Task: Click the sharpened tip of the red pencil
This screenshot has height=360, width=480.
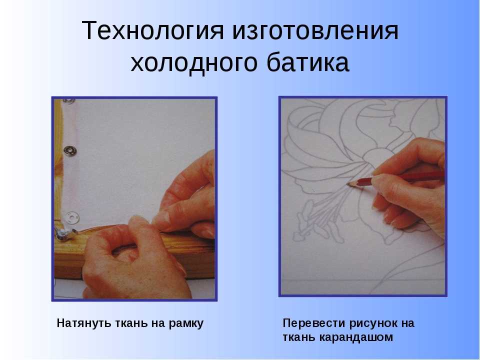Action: pos(348,184)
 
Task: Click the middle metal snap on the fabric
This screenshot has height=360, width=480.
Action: pos(70,150)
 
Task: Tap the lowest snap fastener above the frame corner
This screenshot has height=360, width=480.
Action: pos(72,217)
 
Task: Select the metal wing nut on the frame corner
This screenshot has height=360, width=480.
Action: pos(65,233)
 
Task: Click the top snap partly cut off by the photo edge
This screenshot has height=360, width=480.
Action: pos(69,100)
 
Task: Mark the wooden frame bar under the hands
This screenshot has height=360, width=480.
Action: pos(134,251)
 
